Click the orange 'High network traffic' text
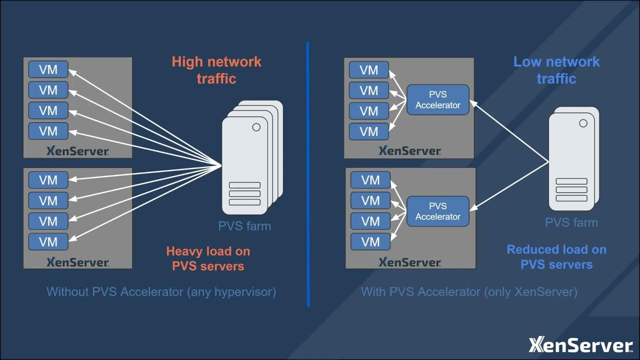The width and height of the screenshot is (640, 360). (x=216, y=70)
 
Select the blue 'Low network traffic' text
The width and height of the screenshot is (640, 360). (x=556, y=70)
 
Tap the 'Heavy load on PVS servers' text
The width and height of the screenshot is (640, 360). (x=208, y=258)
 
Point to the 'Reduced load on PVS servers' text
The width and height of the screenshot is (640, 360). (x=556, y=257)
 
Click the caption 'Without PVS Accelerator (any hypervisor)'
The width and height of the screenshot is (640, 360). (x=161, y=291)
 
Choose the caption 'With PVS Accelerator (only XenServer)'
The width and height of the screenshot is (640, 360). (x=469, y=291)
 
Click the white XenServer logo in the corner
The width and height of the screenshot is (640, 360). (x=580, y=345)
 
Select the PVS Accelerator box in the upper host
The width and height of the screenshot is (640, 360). (x=438, y=100)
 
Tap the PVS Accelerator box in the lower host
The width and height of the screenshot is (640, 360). (x=438, y=211)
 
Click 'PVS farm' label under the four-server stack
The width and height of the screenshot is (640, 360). (x=244, y=226)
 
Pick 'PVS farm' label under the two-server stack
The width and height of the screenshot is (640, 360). (x=571, y=222)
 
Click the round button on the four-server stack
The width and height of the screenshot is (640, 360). (x=256, y=127)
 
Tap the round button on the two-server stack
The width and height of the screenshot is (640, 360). (x=583, y=123)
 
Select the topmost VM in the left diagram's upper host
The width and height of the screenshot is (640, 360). (x=48, y=69)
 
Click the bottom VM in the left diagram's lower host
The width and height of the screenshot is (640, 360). (x=48, y=242)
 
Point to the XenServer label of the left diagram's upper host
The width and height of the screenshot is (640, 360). (x=77, y=151)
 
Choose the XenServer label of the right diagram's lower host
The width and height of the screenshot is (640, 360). (x=409, y=262)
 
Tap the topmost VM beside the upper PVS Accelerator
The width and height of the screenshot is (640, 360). (x=369, y=70)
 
